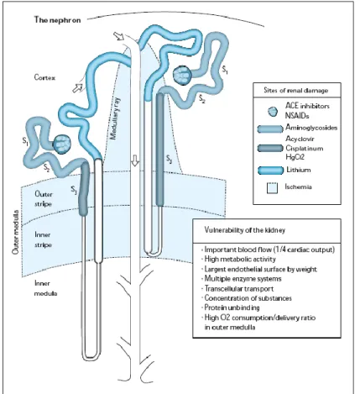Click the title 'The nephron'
(x=57, y=20)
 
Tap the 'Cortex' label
(x=44, y=77)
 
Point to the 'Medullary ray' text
(x=115, y=118)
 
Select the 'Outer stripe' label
(x=44, y=199)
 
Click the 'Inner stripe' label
(x=43, y=239)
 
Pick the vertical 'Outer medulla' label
(x=16, y=232)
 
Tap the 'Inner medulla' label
(x=45, y=288)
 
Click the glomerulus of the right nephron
(x=182, y=75)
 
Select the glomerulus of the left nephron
(x=62, y=144)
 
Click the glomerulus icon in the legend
(x=273, y=112)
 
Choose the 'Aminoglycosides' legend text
(x=311, y=128)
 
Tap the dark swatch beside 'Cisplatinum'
(x=270, y=148)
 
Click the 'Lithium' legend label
(x=298, y=170)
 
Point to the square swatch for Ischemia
(x=272, y=188)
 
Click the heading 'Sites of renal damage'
(x=296, y=90)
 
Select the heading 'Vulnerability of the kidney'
(x=245, y=230)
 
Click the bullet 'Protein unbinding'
(x=232, y=307)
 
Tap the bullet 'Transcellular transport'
(x=238, y=288)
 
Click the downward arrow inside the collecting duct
(x=135, y=160)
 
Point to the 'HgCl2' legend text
(x=295, y=157)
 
